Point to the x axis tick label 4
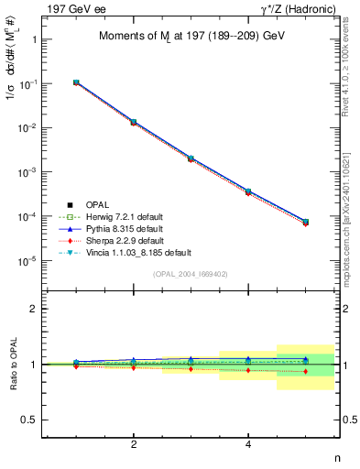coord(248,444)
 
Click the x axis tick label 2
coord(135,444)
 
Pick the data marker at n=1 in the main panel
coord(77,82)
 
